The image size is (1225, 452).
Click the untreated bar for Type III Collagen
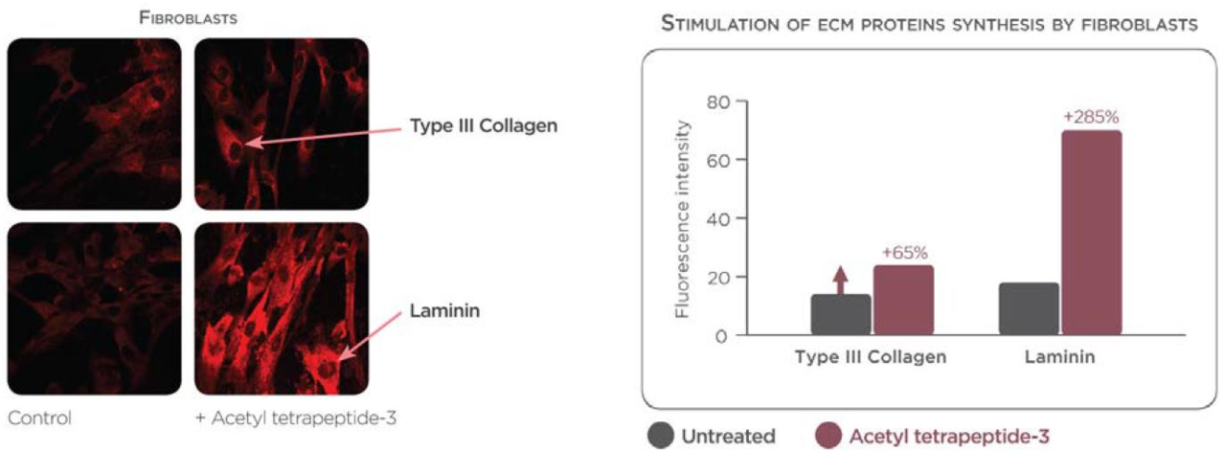[x=841, y=314]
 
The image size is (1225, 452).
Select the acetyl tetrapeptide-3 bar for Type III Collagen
[x=903, y=300]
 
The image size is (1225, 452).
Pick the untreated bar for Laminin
[x=1029, y=308]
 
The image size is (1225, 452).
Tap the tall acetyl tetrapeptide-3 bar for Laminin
[x=1092, y=233]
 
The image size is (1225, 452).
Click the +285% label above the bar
[x=1091, y=117]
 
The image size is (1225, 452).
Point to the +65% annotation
[x=905, y=253]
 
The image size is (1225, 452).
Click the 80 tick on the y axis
[x=718, y=102]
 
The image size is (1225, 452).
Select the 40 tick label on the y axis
[x=718, y=218]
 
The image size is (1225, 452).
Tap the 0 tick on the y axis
[x=721, y=336]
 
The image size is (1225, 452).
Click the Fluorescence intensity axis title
[x=682, y=219]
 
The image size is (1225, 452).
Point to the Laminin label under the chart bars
[x=1060, y=357]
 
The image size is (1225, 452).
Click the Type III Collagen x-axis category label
[x=871, y=357]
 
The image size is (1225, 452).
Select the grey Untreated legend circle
[x=661, y=436]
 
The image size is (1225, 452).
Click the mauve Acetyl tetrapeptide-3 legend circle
[x=828, y=436]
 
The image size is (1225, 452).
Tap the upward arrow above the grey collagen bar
[x=841, y=281]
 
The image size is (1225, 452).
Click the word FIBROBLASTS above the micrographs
[x=188, y=18]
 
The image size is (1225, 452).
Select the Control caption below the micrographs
[x=39, y=418]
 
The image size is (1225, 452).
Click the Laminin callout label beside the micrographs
[x=444, y=311]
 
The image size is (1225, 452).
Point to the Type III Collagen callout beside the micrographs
[x=484, y=125]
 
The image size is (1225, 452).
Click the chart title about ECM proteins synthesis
[x=929, y=25]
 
